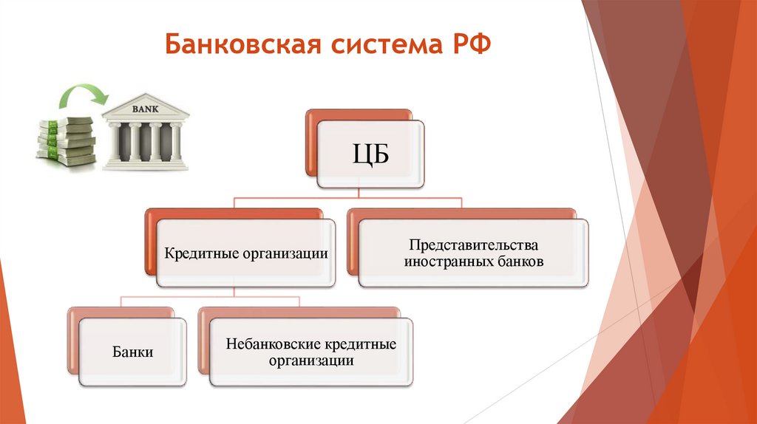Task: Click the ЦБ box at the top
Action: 369,156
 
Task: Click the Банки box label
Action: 133,352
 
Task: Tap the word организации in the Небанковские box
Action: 311,361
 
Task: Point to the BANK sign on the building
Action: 145,109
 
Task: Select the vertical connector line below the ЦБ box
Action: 358,193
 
